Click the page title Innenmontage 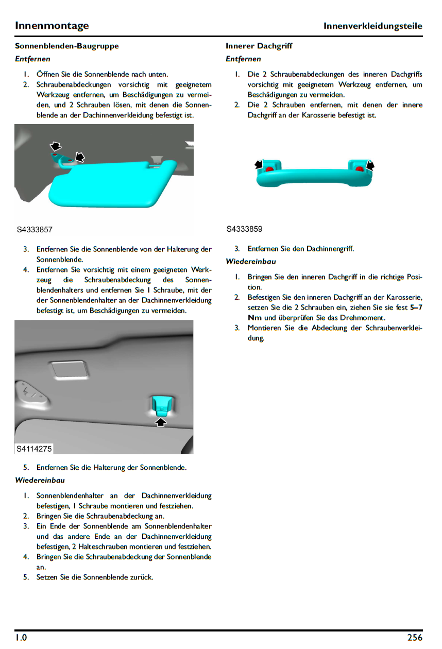click(52, 25)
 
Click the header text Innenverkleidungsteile click(372, 26)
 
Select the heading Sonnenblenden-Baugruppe click(66, 46)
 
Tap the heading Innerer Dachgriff click(259, 46)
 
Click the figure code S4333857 click(35, 230)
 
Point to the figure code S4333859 click(245, 229)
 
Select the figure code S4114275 click(34, 449)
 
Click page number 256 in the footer click(414, 638)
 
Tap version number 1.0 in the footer click(21, 638)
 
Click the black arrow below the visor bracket click(161, 422)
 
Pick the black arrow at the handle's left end click(259, 164)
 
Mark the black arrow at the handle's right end click(369, 165)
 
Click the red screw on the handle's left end click(268, 168)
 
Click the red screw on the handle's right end click(359, 168)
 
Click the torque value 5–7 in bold click(416, 308)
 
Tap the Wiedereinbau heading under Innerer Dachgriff click(250, 262)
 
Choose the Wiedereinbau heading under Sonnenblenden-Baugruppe click(40, 481)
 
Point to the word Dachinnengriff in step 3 click(330, 249)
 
